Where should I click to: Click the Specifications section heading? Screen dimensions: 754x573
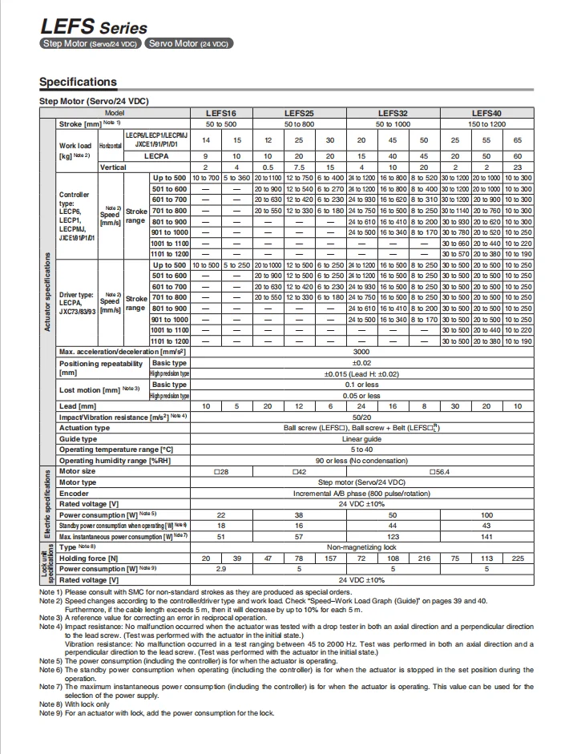coord(78,82)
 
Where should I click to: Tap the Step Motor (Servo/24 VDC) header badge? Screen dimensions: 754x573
coord(91,43)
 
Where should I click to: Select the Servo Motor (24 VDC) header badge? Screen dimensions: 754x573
coord(189,43)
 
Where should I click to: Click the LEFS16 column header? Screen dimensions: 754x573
coord(220,114)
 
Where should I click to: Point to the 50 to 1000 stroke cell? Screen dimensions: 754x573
coord(393,124)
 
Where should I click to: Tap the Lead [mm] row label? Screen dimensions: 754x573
coord(78,407)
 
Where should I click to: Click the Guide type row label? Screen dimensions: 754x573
coord(79,438)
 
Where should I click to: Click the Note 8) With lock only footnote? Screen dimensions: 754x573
coord(75,704)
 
